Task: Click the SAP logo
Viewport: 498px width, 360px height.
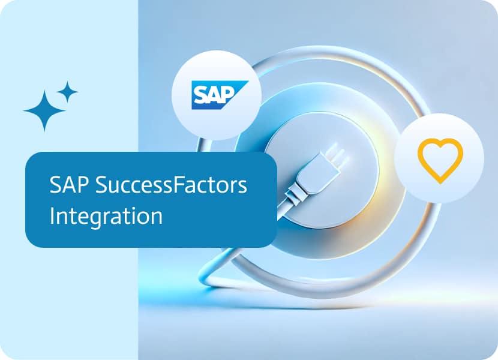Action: point(220,95)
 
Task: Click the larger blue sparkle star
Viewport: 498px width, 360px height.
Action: point(44,110)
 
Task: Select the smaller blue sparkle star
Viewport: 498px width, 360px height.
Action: point(67,92)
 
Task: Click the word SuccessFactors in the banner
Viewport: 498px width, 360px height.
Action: point(171,185)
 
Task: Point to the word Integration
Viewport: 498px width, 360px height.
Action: point(106,217)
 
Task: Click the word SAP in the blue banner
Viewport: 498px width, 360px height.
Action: point(68,185)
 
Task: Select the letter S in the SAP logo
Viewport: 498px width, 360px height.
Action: point(200,95)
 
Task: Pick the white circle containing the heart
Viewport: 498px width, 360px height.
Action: point(439,158)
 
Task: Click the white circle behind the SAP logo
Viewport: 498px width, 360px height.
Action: point(217,95)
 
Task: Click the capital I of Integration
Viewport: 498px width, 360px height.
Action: point(52,216)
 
